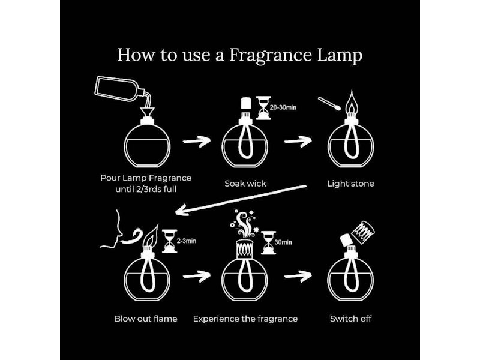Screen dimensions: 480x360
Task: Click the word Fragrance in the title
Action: point(271,55)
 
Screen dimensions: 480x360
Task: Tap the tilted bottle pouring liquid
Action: point(118,89)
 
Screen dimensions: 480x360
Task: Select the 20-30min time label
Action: point(283,107)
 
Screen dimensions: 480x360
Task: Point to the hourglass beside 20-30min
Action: point(263,108)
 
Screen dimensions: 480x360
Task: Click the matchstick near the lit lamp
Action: point(329,104)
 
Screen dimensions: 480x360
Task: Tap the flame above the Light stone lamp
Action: point(352,102)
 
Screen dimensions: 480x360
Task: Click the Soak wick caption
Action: point(245,184)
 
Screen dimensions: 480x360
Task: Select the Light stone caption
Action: point(350,184)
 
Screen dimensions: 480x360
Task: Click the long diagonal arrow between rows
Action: point(241,200)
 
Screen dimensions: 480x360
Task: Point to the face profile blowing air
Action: point(112,229)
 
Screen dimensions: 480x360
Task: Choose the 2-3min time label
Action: point(187,241)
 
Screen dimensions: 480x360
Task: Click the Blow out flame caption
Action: point(146,319)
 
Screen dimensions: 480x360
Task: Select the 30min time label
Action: point(283,242)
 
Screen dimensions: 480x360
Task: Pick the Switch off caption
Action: point(350,319)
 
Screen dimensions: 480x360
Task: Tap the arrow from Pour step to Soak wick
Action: point(197,141)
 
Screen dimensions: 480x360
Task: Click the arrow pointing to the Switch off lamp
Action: point(298,277)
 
